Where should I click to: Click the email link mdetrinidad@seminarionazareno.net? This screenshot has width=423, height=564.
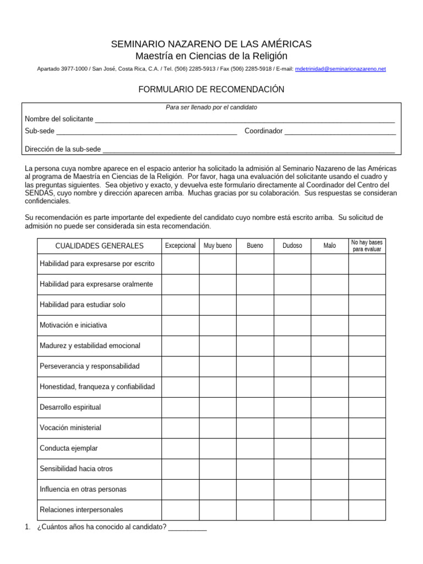pyautogui.click(x=340, y=69)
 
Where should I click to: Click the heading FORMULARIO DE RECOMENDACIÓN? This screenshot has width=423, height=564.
pyautogui.click(x=211, y=89)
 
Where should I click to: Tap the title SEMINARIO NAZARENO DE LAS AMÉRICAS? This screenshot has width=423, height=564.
pyautogui.click(x=211, y=44)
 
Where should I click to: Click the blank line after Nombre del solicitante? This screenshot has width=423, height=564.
pyautogui.click(x=245, y=120)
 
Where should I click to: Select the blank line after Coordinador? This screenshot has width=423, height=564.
pyautogui.click(x=340, y=131)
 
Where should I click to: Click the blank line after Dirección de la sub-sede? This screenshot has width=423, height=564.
pyautogui.click(x=248, y=149)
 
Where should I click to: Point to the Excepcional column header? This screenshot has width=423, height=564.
pyautogui.click(x=180, y=246)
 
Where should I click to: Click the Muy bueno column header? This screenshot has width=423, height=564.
pyautogui.click(x=218, y=246)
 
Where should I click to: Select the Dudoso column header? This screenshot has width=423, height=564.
pyautogui.click(x=292, y=246)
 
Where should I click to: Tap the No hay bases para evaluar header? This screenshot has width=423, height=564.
pyautogui.click(x=367, y=246)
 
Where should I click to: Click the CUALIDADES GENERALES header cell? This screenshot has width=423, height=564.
pyautogui.click(x=100, y=246)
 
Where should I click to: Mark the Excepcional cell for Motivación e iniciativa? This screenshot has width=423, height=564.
pyautogui.click(x=180, y=326)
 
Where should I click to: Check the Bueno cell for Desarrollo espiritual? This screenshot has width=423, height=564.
pyautogui.click(x=255, y=408)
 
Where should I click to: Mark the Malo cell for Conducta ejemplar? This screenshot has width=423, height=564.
pyautogui.click(x=329, y=448)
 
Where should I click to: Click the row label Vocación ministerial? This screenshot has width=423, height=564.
pyautogui.click(x=70, y=428)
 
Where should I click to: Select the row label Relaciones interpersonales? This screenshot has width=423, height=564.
pyautogui.click(x=82, y=510)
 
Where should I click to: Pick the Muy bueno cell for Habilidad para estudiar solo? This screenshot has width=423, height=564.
pyautogui.click(x=218, y=305)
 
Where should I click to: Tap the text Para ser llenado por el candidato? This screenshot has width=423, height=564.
pyautogui.click(x=211, y=107)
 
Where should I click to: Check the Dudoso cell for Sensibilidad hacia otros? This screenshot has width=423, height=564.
pyautogui.click(x=292, y=469)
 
